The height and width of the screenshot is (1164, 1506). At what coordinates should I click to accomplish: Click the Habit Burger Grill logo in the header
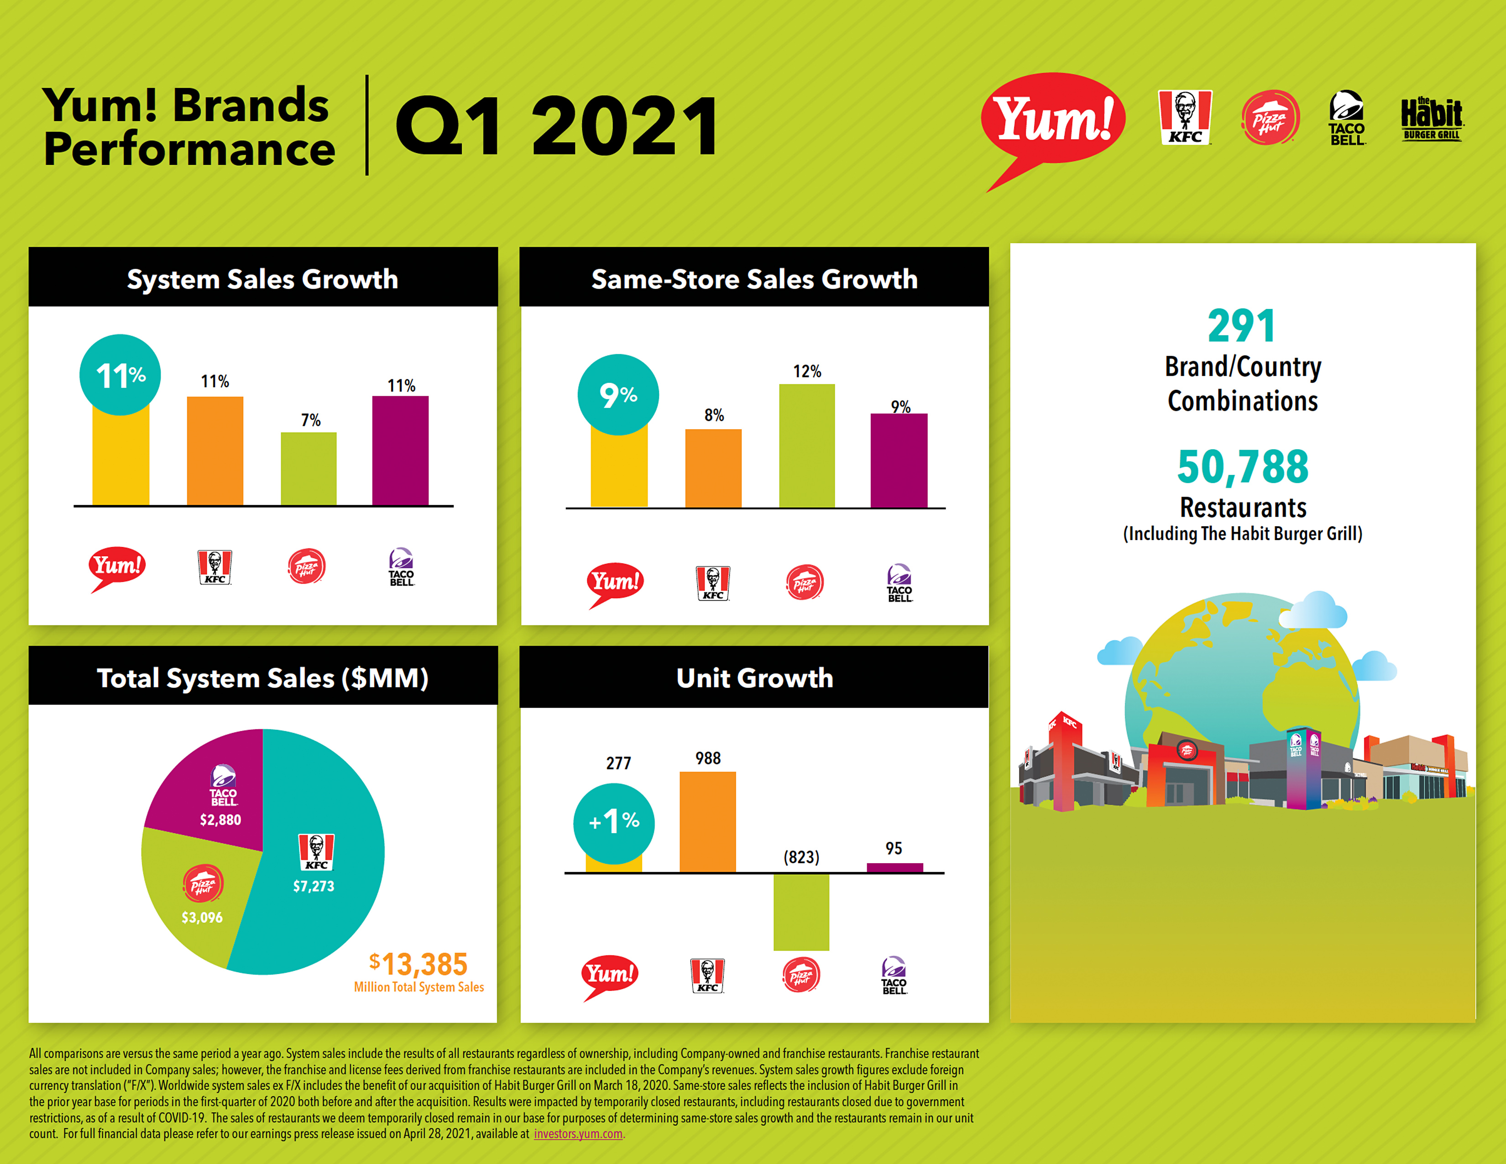coord(1432,119)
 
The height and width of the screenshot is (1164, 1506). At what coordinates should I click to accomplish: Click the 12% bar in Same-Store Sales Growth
coord(807,446)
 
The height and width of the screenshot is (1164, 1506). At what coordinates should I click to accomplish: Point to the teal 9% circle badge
coord(618,394)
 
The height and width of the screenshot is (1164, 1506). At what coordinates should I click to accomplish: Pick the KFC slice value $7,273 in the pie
coord(314,886)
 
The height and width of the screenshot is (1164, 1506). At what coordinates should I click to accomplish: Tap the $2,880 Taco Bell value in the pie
coord(221,820)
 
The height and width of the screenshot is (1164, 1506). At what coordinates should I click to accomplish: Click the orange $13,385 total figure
coord(418,964)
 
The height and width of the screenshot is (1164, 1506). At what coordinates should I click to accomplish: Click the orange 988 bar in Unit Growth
coord(707,822)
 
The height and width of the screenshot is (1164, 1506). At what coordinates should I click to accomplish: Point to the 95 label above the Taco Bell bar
coord(894,848)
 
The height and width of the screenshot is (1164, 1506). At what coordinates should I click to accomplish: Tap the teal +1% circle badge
coord(614,823)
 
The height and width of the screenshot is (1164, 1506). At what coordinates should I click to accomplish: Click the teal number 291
coord(1242,326)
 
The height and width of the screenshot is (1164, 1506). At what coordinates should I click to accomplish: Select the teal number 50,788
coord(1243,467)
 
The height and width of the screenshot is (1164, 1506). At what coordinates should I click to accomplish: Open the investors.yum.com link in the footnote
coord(578,1134)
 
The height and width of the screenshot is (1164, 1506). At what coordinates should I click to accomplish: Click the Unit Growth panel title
coord(754,678)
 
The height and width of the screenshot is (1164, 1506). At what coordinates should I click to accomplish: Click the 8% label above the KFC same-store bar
coord(714,415)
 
